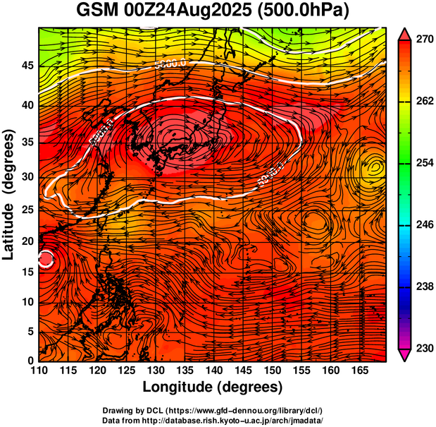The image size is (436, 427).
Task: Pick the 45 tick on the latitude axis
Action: [x=26, y=66]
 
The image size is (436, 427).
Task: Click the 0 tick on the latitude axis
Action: [x=30, y=361]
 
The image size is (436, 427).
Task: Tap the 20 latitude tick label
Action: [x=26, y=241]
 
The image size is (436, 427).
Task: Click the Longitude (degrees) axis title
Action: [x=213, y=387]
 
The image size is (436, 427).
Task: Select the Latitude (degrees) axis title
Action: [x=9, y=194]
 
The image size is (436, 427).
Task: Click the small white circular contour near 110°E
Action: [x=46, y=259]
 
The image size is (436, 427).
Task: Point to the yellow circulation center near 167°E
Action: [x=375, y=167]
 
